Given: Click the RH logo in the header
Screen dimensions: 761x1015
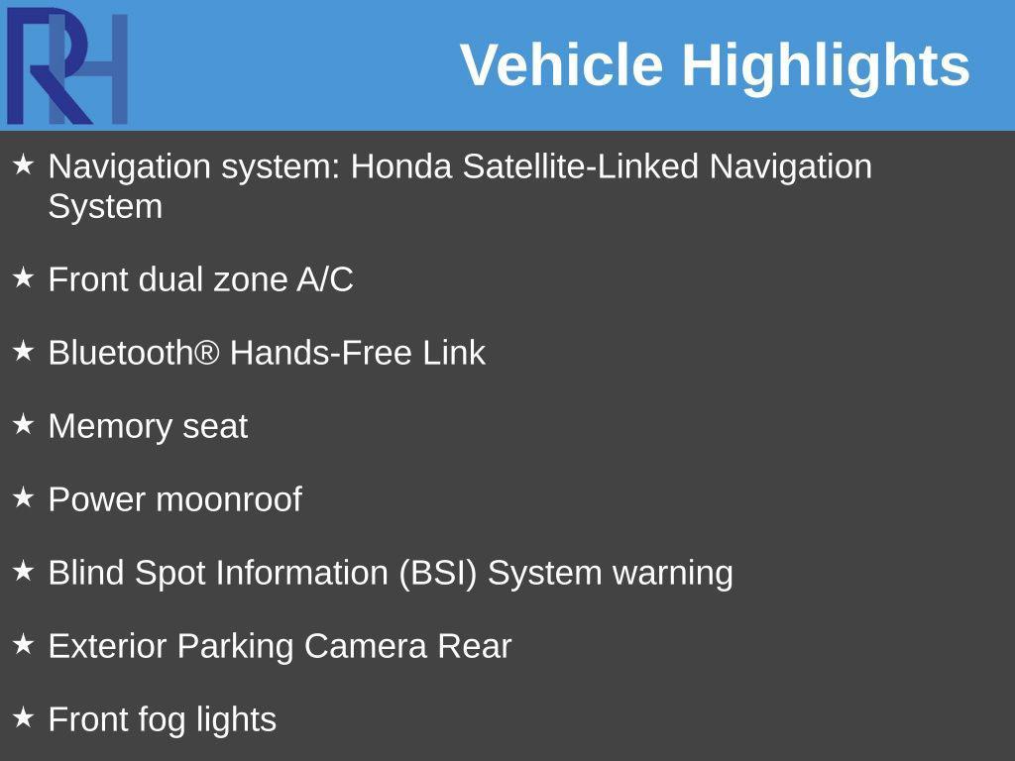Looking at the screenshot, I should point(67,66).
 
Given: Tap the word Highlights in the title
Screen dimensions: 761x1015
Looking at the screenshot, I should point(825,65).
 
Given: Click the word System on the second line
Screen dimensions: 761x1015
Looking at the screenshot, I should point(105,207).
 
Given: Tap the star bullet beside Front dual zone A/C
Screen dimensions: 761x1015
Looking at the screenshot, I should point(24,278).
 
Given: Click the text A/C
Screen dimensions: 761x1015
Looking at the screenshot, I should point(324,280).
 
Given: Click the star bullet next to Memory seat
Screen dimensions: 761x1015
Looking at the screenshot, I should point(24,424).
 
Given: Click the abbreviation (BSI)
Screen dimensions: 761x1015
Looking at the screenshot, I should point(438,573).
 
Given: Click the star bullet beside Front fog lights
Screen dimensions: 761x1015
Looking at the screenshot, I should point(24,716).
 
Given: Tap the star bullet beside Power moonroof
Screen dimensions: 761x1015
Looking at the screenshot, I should point(24,497).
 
